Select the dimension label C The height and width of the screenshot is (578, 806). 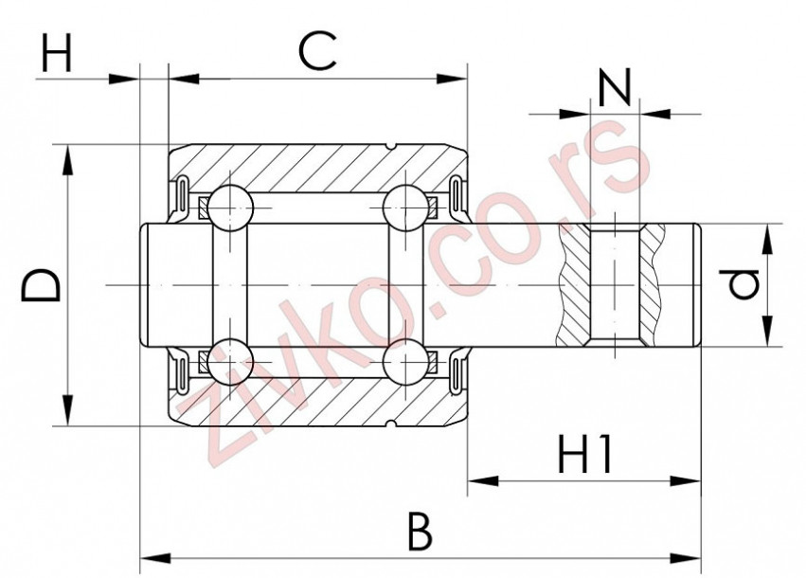pyautogui.click(x=316, y=51)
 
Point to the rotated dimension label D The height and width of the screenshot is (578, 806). pyautogui.click(x=43, y=285)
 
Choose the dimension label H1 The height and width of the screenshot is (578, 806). pyautogui.click(x=585, y=457)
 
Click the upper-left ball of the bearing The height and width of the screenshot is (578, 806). pyautogui.click(x=230, y=207)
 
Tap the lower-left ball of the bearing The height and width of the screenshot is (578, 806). pyautogui.click(x=230, y=362)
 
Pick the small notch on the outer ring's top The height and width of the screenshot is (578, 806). pyautogui.click(x=390, y=146)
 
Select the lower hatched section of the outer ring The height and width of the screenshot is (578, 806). pyautogui.click(x=313, y=404)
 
